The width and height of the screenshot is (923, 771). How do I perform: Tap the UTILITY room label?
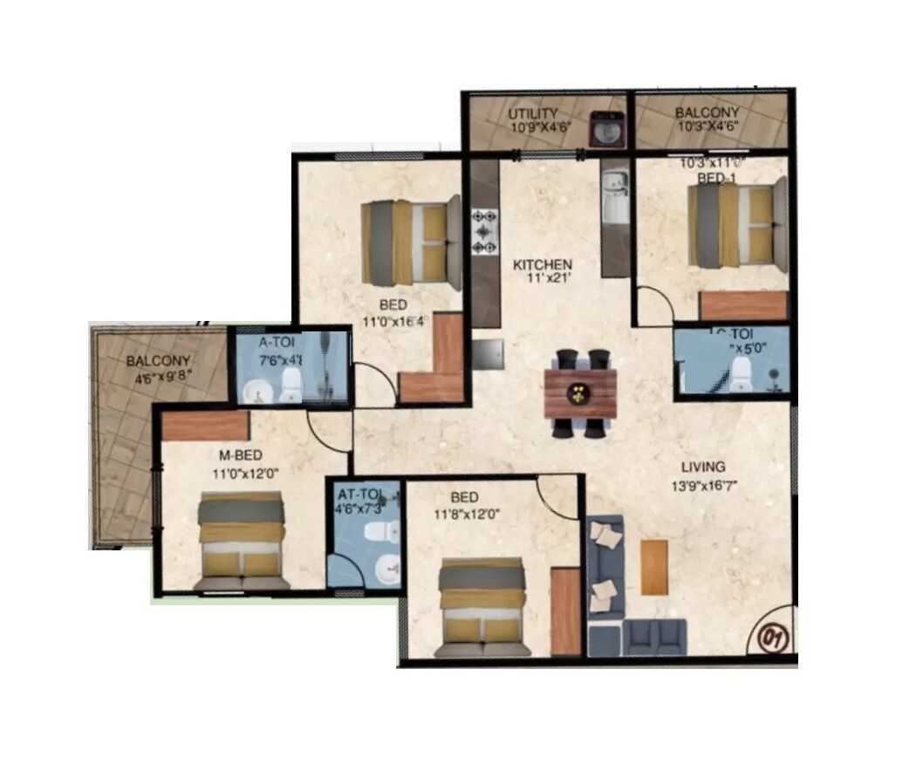pos(533,113)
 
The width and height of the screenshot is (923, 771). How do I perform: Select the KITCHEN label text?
pos(542,264)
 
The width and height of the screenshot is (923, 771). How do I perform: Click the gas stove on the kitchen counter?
pos(483,231)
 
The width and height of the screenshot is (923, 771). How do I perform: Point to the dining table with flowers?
pos(580,392)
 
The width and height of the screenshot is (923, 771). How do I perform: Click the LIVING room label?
pos(703,467)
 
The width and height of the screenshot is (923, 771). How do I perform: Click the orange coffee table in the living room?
pos(653,566)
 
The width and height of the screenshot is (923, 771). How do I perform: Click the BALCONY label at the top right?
pos(707,113)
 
